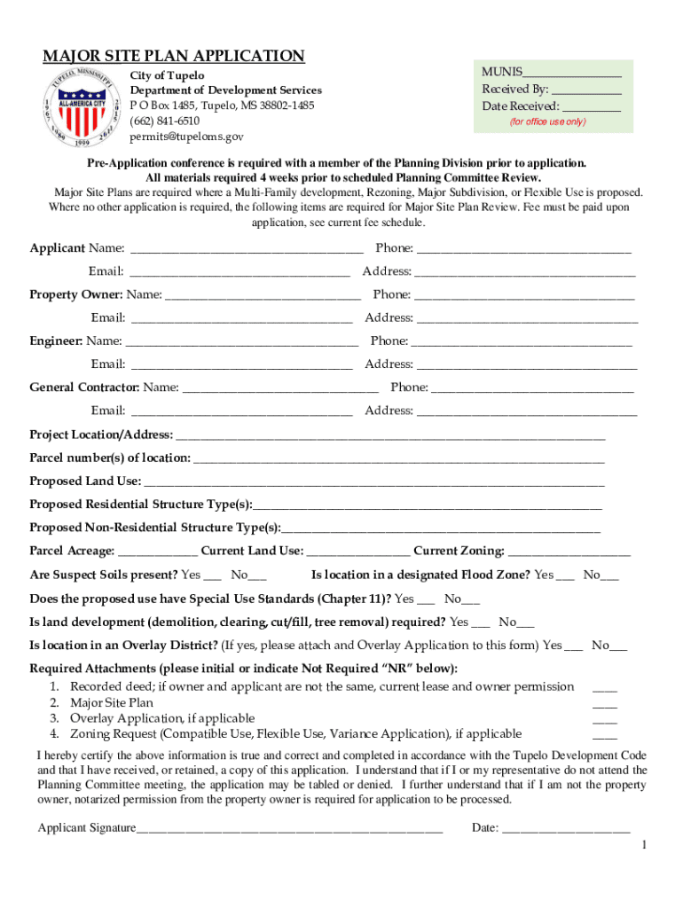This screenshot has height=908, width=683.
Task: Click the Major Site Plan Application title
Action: pos(174,57)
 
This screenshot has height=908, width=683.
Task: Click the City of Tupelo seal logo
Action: pos(80,106)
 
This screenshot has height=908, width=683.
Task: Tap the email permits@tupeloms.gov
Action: pos(186,137)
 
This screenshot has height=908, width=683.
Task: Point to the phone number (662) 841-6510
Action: pos(165,121)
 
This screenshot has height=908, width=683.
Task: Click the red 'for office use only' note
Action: pos(547,121)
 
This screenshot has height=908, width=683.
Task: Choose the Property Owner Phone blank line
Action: pos(524,296)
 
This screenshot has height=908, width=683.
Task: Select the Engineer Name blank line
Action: pos(242,342)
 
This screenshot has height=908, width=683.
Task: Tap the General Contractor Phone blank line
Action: pos(532,388)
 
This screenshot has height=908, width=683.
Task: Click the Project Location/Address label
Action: pos(101,434)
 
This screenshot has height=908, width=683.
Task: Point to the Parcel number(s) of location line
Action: pos(398,459)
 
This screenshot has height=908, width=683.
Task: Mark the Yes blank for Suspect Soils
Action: pos(214,576)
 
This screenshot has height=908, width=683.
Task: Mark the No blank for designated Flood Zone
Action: pos(610,576)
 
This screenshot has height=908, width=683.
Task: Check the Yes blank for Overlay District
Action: pos(574,646)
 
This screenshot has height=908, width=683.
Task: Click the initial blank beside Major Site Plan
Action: pos(605,703)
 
